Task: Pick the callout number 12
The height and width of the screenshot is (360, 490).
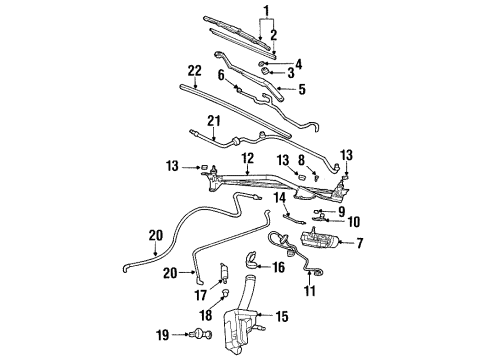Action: pos(244,159)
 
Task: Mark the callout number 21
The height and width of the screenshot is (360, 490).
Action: pos(212,122)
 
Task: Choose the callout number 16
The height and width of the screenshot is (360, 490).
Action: pos(279,267)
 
